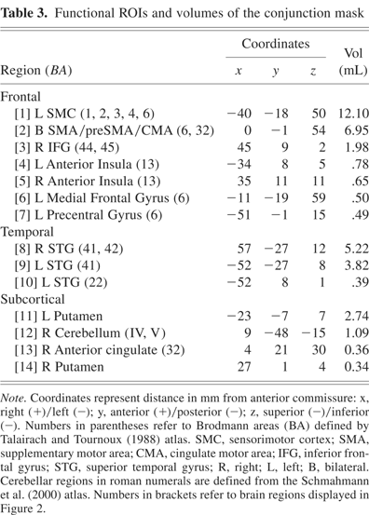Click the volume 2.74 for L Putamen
click(345, 318)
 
